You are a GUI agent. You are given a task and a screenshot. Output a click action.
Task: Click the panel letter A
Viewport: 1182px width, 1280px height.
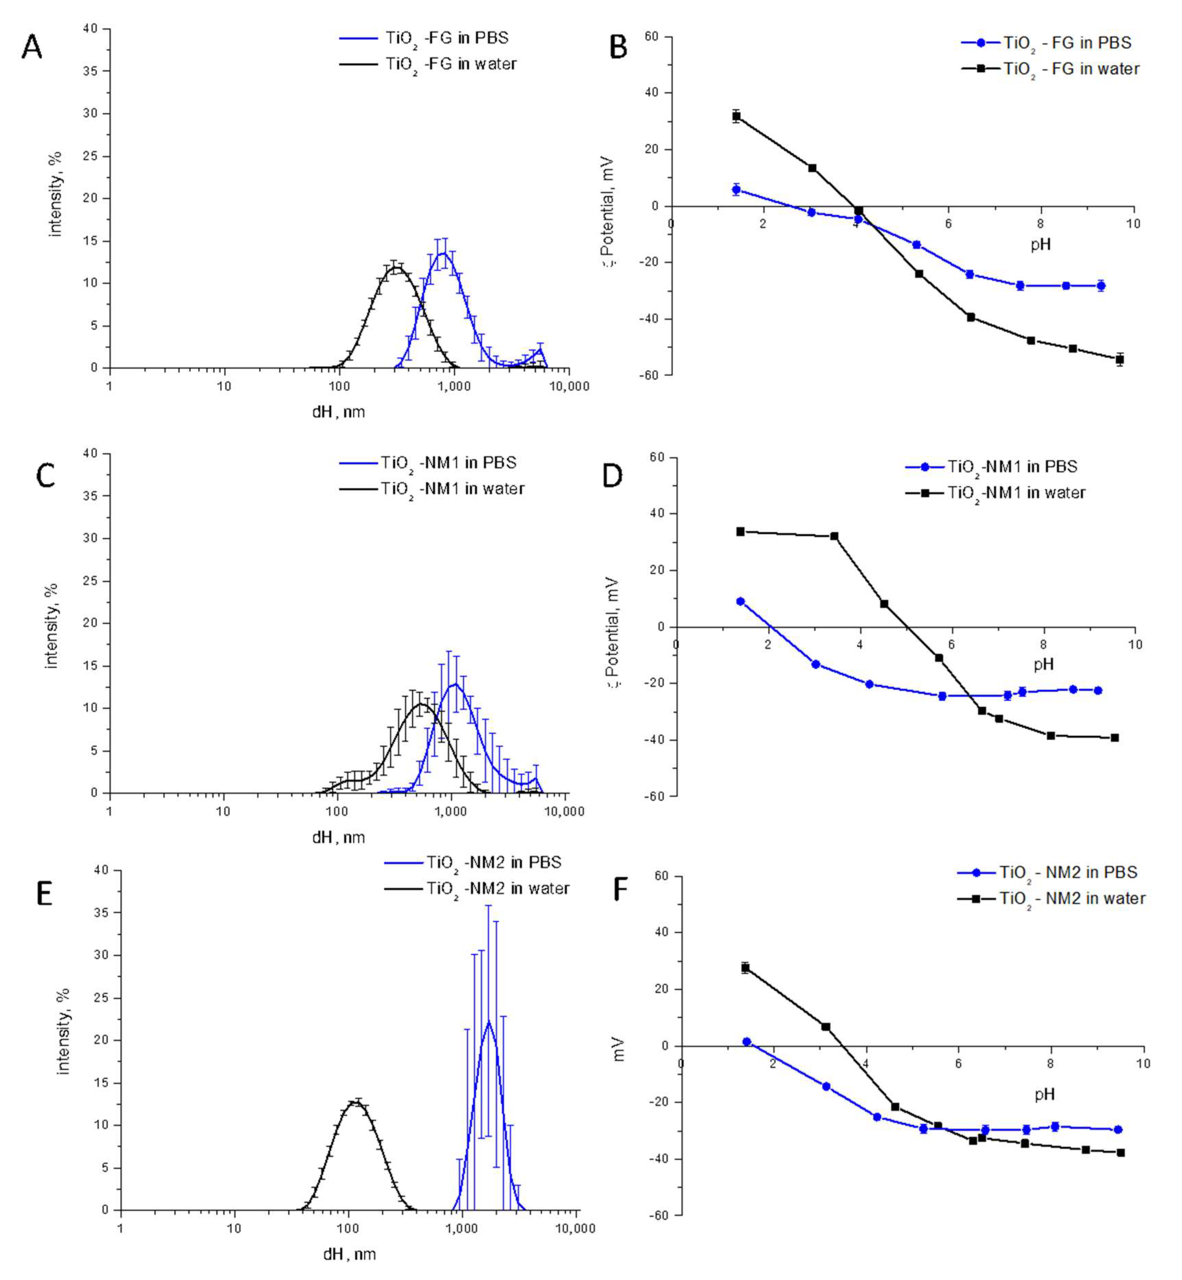tap(32, 47)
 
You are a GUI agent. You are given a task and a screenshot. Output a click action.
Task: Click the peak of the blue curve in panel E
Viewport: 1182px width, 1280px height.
tap(489, 1021)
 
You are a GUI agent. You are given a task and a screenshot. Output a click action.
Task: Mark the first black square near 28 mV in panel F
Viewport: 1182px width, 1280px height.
tap(745, 968)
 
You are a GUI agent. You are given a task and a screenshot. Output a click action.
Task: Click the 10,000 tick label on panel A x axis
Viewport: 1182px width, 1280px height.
tap(569, 386)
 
